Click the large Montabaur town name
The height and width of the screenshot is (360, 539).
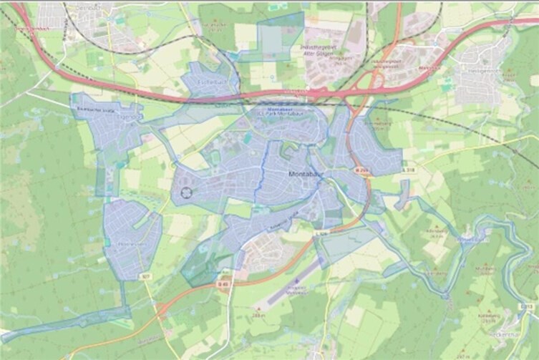pyautogui.click(x=307, y=174)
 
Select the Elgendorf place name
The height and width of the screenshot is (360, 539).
pyautogui.click(x=129, y=117)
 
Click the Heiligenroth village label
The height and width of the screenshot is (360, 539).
pyautogui.click(x=473, y=70)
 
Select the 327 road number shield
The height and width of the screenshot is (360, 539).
pyautogui.click(x=146, y=274)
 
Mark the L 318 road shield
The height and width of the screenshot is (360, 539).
pyautogui.click(x=409, y=170)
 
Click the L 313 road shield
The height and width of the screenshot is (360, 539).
pyautogui.click(x=527, y=306)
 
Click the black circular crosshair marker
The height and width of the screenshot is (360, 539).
pyautogui.click(x=188, y=192)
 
